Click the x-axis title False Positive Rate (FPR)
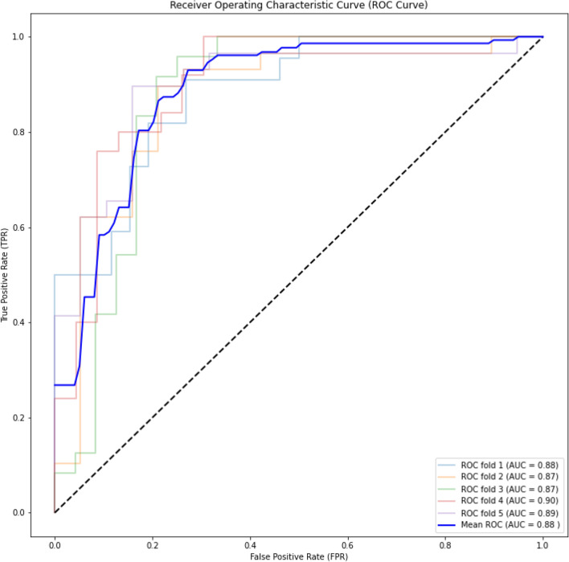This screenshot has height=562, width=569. click(298, 556)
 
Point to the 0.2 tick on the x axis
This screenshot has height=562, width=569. click(152, 544)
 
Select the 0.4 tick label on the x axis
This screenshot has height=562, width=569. click(250, 544)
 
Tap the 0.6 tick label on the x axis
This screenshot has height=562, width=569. click(347, 544)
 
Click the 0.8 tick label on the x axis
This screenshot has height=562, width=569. click(445, 544)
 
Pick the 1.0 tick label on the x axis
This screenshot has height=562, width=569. click(542, 544)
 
